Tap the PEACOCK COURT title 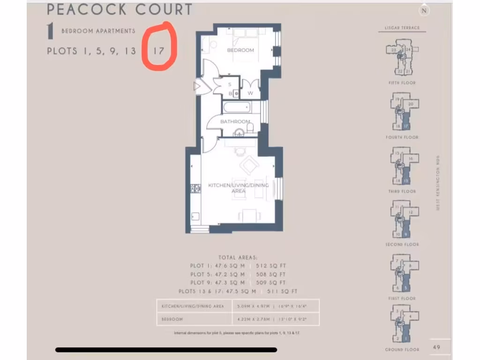[120, 9]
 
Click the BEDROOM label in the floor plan [240, 50]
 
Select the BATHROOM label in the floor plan [235, 122]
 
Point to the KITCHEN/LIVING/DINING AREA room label [238, 188]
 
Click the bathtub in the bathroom [237, 107]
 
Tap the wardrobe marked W [250, 93]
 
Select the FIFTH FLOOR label [402, 83]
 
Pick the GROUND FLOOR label [402, 349]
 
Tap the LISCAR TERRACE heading [402, 28]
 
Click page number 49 [436, 347]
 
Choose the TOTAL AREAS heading [238, 257]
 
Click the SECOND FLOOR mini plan [402, 220]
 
